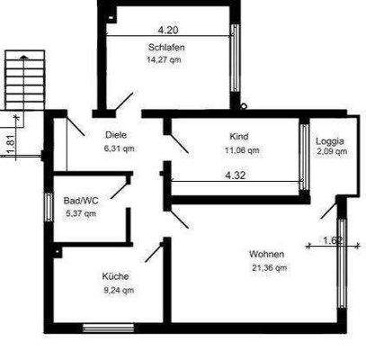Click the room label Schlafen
click(166, 48)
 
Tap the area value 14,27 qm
click(166, 60)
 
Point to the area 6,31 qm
click(119, 149)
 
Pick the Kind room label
click(238, 137)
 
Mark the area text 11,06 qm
click(238, 149)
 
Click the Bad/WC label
click(81, 201)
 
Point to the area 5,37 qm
click(81, 213)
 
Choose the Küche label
click(115, 276)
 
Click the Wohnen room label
click(267, 254)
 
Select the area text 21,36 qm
click(267, 267)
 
